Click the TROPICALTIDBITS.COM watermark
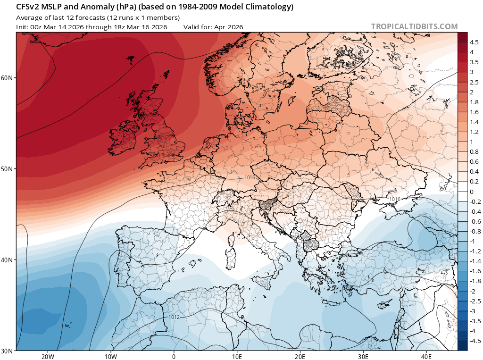[x=414, y=26]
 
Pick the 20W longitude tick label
[x=48, y=356]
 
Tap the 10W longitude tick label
[x=111, y=356]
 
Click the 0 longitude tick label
[x=174, y=356]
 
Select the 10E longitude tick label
[x=237, y=356]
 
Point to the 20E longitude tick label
[x=300, y=356]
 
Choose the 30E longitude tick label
[x=364, y=356]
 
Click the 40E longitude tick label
[x=427, y=356]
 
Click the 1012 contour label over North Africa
[x=174, y=317]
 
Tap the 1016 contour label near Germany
[x=250, y=177]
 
